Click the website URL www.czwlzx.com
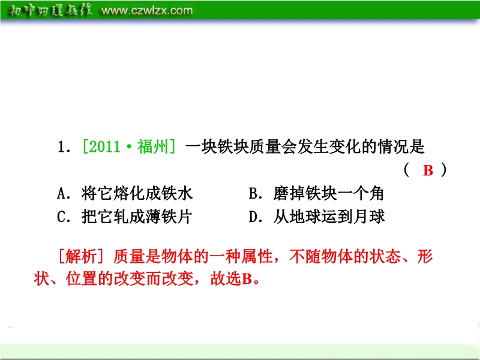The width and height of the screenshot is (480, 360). [x=147, y=11]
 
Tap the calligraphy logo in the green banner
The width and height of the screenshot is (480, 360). [x=50, y=11]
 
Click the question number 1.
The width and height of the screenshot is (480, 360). [x=61, y=147]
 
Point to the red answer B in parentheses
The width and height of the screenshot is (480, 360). [x=428, y=170]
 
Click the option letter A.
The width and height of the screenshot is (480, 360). [x=61, y=193]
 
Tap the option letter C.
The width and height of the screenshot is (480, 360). [x=61, y=217]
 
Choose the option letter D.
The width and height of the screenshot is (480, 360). [x=253, y=217]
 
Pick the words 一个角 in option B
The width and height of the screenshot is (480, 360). [x=360, y=193]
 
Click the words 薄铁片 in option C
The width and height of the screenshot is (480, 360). [x=169, y=217]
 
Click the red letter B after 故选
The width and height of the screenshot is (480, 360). [x=247, y=279]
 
